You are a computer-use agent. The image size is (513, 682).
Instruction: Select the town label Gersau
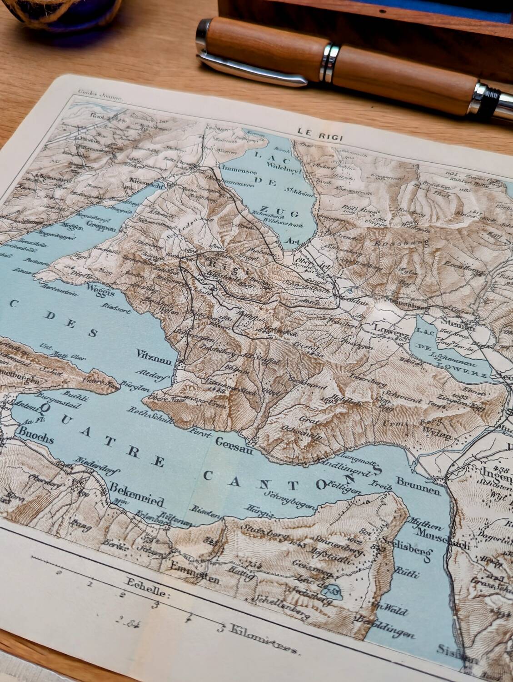(231, 441)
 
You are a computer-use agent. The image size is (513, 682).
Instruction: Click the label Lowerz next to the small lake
(387, 328)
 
